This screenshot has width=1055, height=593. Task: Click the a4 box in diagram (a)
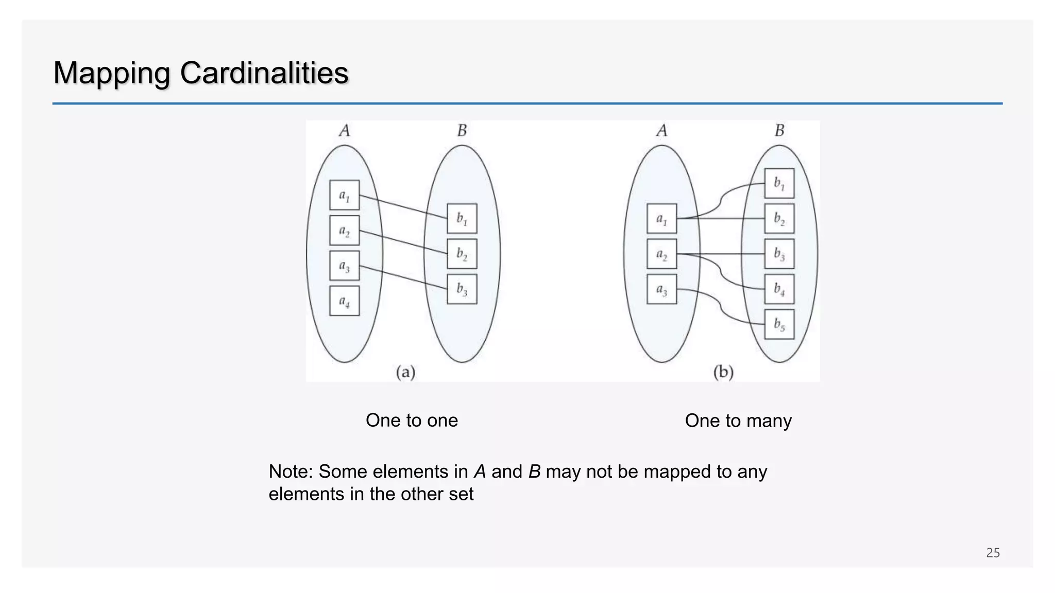[x=344, y=301]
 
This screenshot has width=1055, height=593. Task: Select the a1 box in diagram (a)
[x=344, y=195]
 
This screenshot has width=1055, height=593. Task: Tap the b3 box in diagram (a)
[x=462, y=289]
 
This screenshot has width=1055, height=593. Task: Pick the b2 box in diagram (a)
[x=462, y=254]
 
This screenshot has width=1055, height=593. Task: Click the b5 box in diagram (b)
[x=779, y=324]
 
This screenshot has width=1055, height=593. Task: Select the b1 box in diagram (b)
[x=779, y=183]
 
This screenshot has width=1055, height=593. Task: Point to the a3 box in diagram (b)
[x=661, y=289]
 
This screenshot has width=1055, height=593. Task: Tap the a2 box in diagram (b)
[x=661, y=254]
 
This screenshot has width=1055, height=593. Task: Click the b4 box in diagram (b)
[x=779, y=289]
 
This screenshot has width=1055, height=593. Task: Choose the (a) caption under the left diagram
[x=405, y=372]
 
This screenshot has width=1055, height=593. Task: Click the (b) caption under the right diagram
[x=723, y=372]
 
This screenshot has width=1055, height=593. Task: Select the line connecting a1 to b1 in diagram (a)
[x=403, y=207]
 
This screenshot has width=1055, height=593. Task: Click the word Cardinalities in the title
[x=264, y=73]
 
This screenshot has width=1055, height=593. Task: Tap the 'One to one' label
[x=412, y=420]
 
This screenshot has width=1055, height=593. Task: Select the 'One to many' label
[x=738, y=421]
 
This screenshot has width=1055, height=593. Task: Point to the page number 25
[x=993, y=553]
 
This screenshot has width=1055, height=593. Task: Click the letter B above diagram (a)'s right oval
[x=462, y=131]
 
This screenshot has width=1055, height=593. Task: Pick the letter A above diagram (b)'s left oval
[x=661, y=131]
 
